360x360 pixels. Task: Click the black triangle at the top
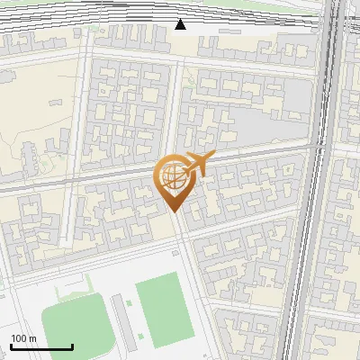click(180, 24)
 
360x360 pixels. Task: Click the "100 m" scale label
click(24, 338)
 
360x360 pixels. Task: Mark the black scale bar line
click(41, 346)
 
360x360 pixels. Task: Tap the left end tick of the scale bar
click(11, 345)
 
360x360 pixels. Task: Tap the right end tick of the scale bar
click(72, 345)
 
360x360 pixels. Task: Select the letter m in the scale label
click(33, 338)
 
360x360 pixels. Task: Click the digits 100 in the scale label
click(20, 338)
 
